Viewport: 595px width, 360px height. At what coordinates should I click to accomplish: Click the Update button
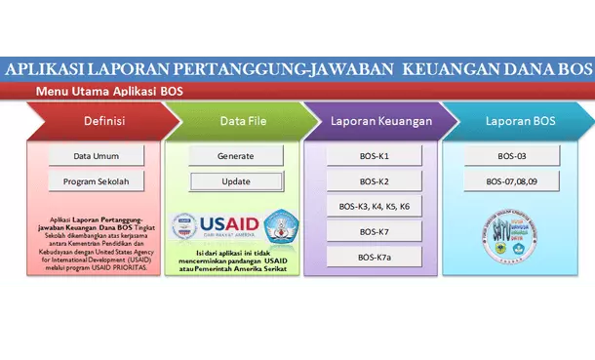pyautogui.click(x=235, y=181)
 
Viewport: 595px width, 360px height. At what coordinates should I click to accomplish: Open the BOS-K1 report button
pyautogui.click(x=374, y=156)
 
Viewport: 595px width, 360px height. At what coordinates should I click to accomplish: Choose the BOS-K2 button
pyautogui.click(x=374, y=181)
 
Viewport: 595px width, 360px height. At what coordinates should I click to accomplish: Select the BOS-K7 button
pyautogui.click(x=374, y=232)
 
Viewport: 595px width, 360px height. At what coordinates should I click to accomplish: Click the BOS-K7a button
pyautogui.click(x=374, y=258)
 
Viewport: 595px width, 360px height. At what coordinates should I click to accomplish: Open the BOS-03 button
pyautogui.click(x=512, y=156)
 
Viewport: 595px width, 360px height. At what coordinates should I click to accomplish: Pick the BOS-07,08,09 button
pyautogui.click(x=512, y=181)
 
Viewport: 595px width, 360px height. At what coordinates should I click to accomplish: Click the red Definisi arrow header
pyautogui.click(x=96, y=121)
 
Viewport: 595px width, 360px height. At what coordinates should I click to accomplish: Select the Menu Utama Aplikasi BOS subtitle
pyautogui.click(x=109, y=91)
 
